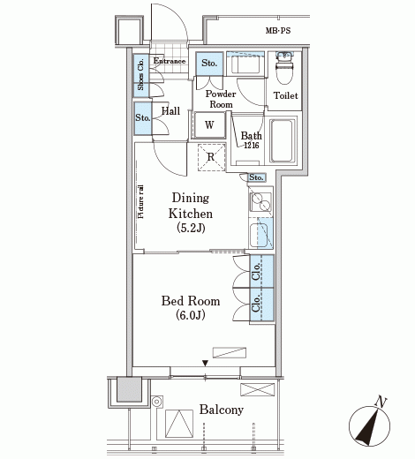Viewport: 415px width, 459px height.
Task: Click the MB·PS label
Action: pyautogui.click(x=278, y=31)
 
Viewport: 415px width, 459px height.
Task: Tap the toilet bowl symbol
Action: pyautogui.click(x=284, y=68)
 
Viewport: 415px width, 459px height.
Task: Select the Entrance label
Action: pyautogui.click(x=170, y=61)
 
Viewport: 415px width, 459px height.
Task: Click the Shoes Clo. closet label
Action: pyautogui.click(x=141, y=74)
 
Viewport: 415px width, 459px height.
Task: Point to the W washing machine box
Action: pyautogui.click(x=209, y=125)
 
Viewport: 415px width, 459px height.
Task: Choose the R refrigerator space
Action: pyautogui.click(x=211, y=157)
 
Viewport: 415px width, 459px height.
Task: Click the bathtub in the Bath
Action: pyautogui.click(x=283, y=141)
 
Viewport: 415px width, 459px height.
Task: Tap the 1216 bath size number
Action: pyautogui.click(x=252, y=145)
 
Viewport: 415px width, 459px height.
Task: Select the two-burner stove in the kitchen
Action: pyautogui.click(x=260, y=201)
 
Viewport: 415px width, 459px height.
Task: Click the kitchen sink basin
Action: pyautogui.click(x=259, y=236)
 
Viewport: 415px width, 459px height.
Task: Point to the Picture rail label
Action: pyautogui.click(x=141, y=201)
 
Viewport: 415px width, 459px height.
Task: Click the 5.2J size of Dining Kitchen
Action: pyautogui.click(x=191, y=228)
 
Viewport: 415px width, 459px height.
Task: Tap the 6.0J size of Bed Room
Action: pyautogui.click(x=191, y=315)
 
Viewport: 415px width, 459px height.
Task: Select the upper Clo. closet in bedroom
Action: pyautogui.click(x=262, y=271)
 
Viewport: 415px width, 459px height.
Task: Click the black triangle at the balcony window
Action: pyautogui.click(x=205, y=364)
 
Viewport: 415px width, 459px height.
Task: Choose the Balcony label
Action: pyautogui.click(x=222, y=410)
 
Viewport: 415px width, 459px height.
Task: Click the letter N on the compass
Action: pyautogui.click(x=381, y=402)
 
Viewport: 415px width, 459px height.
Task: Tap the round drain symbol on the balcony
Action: pyautogui.click(x=157, y=402)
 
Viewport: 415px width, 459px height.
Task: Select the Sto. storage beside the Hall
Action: pyautogui.click(x=143, y=118)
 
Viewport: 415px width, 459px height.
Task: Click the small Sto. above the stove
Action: pyautogui.click(x=256, y=177)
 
